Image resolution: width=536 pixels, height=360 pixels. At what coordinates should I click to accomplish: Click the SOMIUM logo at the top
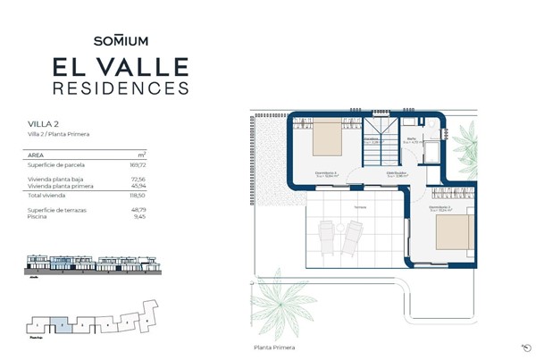[120, 40]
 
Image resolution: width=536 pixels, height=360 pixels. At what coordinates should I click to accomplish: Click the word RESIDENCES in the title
[120, 88]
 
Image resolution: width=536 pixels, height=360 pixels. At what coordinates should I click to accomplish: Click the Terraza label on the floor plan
[359, 205]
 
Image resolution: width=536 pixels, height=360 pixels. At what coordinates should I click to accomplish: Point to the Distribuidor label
[398, 173]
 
